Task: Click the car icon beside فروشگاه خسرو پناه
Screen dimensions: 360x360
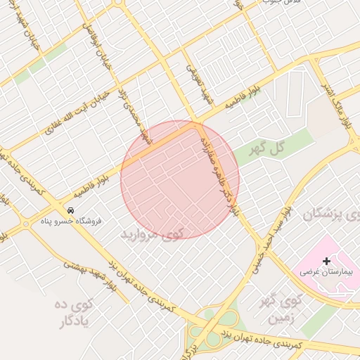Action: click(x=70, y=210)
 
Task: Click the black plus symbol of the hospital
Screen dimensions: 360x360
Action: click(x=326, y=261)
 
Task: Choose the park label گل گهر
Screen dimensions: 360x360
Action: click(x=271, y=148)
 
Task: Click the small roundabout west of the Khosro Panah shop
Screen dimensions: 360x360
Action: click(x=26, y=224)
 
